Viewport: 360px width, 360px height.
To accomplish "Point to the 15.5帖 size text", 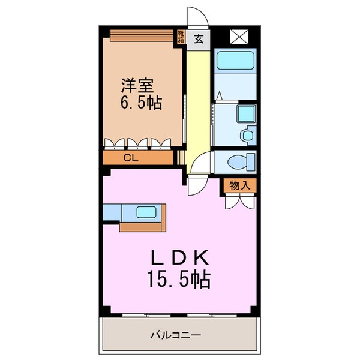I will tap(178, 280).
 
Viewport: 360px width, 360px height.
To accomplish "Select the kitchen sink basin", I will tap(146, 212).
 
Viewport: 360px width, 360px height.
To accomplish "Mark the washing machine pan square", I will tap(246, 114).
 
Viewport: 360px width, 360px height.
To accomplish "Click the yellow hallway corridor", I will tap(195, 108).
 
